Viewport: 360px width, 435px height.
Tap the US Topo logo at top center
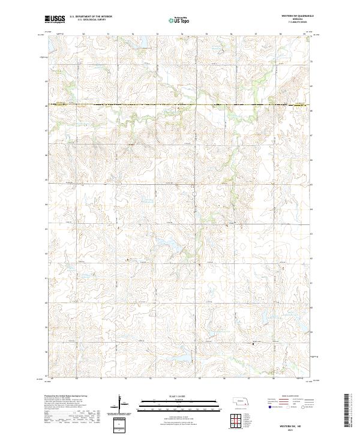coord(179,20)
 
